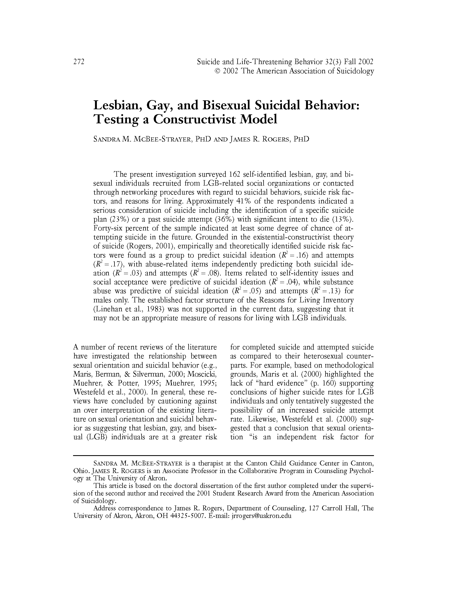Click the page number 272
pos(79,62)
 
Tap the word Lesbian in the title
pos(117,105)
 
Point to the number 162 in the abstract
pos(235,174)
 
